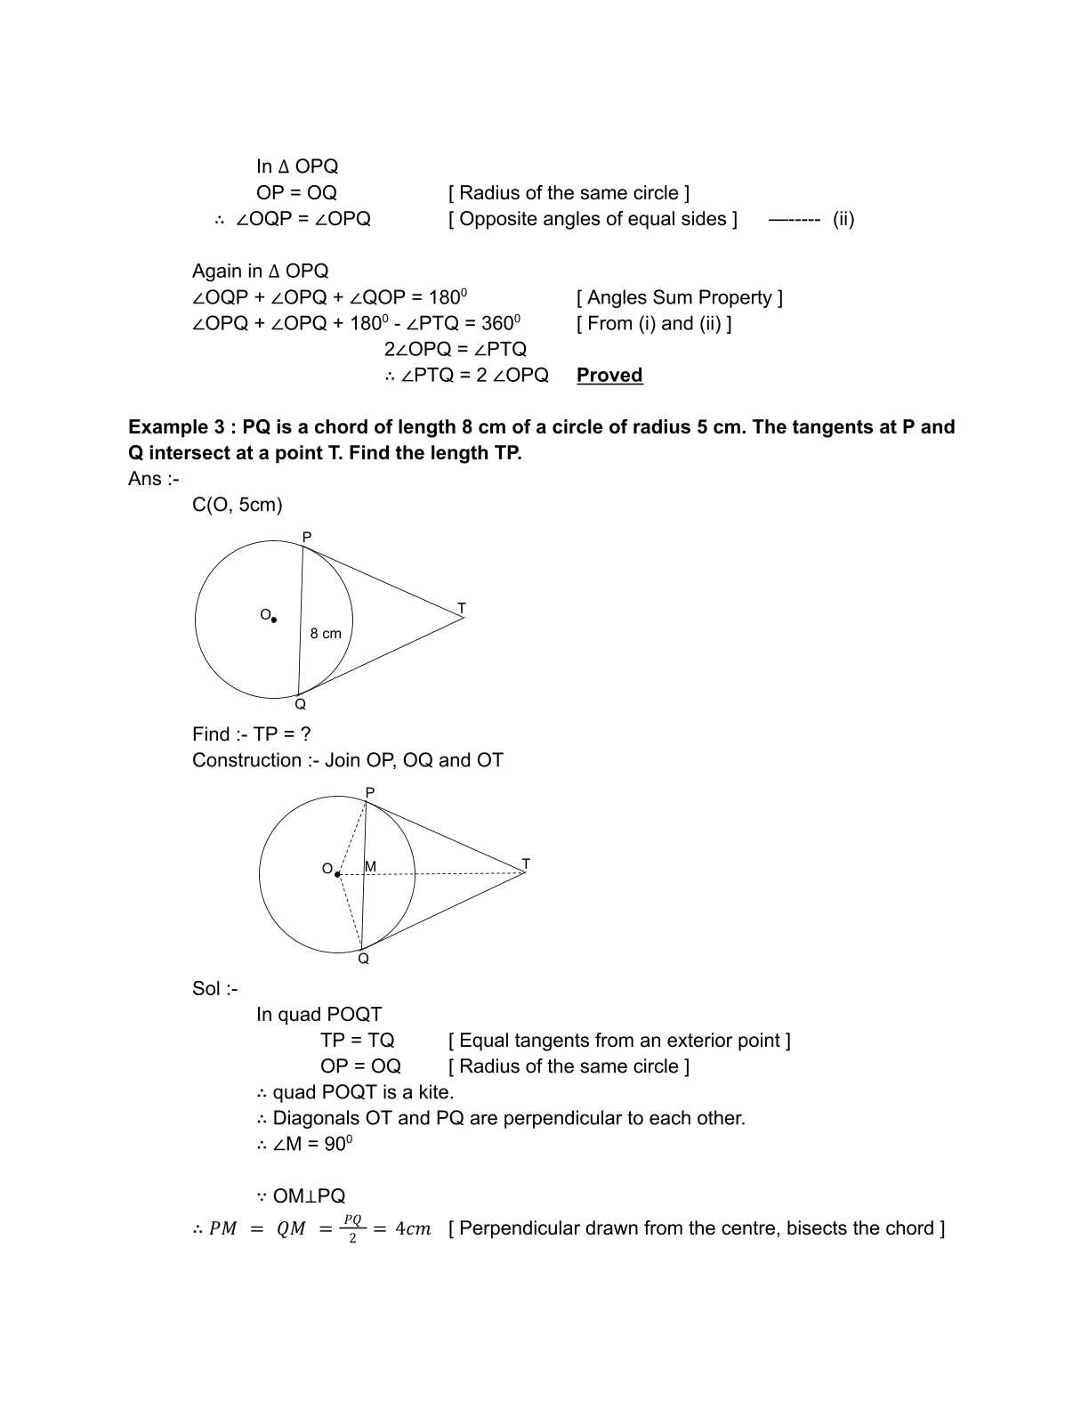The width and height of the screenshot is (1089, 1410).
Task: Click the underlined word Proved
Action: coord(609,375)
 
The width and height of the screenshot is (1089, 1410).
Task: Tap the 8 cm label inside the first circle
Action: coord(326,634)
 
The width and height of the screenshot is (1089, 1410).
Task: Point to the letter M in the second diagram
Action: coord(371,866)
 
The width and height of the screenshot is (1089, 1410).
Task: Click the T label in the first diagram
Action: coord(461,609)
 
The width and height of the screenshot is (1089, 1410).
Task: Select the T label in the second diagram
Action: coord(526,863)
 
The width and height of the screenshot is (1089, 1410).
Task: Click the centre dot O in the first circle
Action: coord(274,620)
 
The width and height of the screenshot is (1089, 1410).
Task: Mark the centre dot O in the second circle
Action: coord(337,874)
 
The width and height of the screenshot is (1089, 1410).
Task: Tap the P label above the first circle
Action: coord(307,538)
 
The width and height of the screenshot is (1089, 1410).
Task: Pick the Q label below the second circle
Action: coord(363,959)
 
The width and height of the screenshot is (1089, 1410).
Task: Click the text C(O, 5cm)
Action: coord(238,505)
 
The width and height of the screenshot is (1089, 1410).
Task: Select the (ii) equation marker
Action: coord(843,219)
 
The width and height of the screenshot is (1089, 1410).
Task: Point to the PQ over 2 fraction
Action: coord(352,1228)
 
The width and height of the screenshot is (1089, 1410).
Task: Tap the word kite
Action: coord(434,1092)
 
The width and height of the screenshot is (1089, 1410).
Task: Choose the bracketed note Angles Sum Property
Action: coord(680,297)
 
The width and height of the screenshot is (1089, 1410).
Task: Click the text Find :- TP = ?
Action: coord(252,734)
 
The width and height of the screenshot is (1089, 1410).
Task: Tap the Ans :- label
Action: coord(153,479)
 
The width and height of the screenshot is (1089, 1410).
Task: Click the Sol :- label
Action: coord(215,988)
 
